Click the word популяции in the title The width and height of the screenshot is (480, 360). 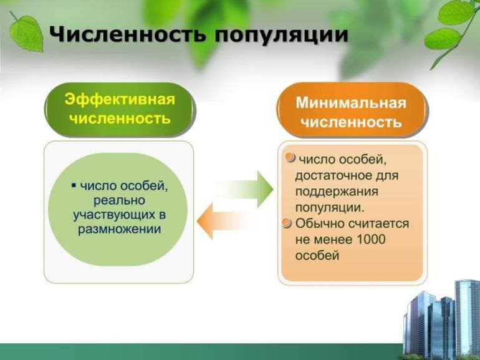(281, 34)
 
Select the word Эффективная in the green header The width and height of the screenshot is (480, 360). (120, 100)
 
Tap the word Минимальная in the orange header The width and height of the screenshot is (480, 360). (350, 103)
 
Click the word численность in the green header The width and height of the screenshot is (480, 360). (120, 118)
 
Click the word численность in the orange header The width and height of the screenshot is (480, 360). (350, 122)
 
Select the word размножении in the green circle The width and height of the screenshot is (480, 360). (120, 229)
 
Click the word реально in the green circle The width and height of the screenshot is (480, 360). (119, 200)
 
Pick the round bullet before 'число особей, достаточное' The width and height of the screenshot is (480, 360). (290, 158)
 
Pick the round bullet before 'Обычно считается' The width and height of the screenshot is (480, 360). (287, 223)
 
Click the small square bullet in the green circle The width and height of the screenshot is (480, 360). (74, 186)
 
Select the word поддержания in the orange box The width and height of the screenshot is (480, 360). (337, 191)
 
